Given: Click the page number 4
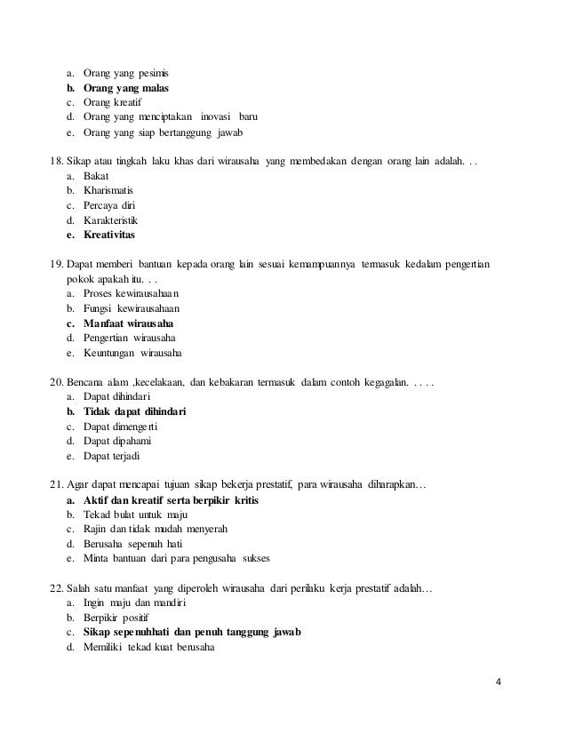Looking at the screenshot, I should (x=498, y=682).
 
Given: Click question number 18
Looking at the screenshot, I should (x=52, y=164).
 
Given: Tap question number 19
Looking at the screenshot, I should (x=52, y=266).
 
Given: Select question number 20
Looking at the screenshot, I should (x=52, y=382).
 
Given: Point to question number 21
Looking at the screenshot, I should (x=52, y=484).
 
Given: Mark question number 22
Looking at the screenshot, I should (x=52, y=587).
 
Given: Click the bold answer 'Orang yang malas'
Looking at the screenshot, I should (x=125, y=89).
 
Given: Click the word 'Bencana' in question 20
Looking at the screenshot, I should (x=85, y=382).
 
